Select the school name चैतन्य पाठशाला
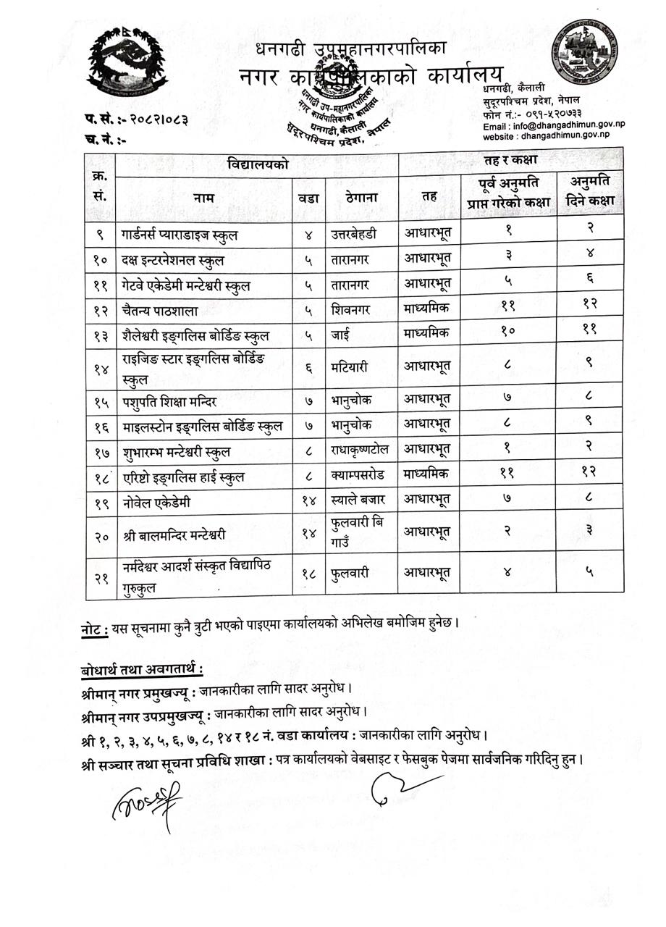pos(160,309)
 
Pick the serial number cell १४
pos(101,368)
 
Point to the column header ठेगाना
pos(361,196)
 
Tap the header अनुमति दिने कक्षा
pos(590,190)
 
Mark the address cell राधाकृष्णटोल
pos(361,450)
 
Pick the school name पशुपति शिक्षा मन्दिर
pos(170,398)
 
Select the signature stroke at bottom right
pos(402,786)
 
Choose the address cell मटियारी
pos(351,368)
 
